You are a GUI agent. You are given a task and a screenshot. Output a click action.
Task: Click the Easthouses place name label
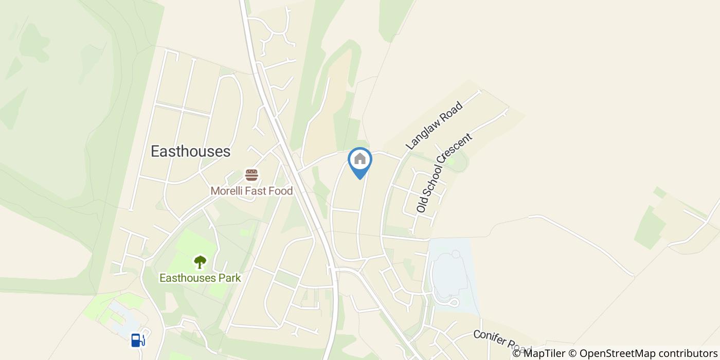[x=190, y=151]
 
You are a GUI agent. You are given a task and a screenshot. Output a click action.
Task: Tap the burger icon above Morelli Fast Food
[x=251, y=175]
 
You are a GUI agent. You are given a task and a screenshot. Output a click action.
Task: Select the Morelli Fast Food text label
[x=251, y=191]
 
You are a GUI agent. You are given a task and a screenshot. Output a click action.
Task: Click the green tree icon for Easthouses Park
[x=200, y=262]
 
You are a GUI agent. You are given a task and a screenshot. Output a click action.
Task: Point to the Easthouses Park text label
[x=200, y=278]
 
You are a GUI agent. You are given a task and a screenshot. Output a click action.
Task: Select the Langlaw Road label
[x=435, y=126]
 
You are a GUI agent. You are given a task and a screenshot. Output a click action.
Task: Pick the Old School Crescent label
[x=444, y=173]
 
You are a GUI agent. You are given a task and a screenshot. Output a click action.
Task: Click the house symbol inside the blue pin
[x=360, y=158]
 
